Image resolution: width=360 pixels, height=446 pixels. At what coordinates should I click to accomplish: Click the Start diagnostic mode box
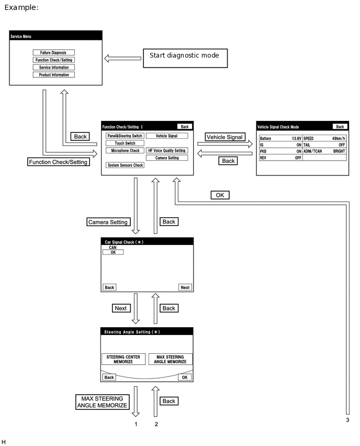(185, 58)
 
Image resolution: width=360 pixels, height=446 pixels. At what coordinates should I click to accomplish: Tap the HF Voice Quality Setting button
(167, 150)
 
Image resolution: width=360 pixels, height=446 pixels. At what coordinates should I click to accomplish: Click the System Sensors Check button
(125, 165)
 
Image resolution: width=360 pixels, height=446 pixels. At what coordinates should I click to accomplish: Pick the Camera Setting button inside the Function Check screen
(167, 158)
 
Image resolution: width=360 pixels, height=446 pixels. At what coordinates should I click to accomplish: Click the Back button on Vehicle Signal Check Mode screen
(340, 127)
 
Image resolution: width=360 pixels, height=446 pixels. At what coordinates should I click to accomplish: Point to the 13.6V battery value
(296, 139)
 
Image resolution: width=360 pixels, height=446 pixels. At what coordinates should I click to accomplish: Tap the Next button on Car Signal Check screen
(185, 287)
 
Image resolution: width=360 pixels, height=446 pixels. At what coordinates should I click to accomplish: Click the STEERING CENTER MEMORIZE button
(123, 359)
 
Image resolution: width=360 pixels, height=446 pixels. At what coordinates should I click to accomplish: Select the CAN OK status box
(113, 252)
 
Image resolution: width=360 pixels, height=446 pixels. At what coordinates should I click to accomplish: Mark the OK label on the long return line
(220, 195)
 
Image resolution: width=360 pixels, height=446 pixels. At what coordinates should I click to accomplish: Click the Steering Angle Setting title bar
(147, 332)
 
